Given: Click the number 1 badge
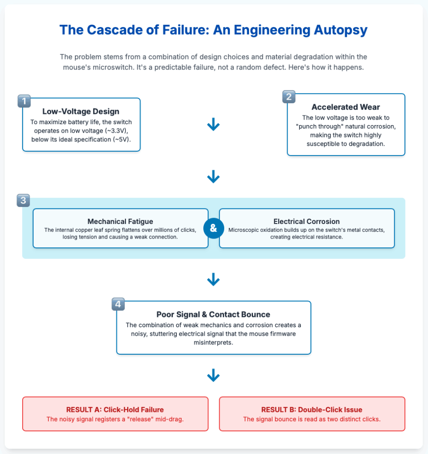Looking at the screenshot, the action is [x=24, y=101].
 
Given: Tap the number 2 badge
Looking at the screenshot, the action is [x=289, y=97].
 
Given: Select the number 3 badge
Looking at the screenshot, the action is [x=23, y=200].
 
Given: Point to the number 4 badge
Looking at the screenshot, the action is [x=118, y=304].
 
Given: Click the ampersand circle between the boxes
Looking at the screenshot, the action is [x=214, y=228].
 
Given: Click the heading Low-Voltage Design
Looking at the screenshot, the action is [x=81, y=111].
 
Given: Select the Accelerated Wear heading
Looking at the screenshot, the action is [x=346, y=107].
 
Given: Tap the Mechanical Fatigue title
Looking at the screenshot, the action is [x=121, y=222].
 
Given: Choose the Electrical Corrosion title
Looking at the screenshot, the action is [x=307, y=222].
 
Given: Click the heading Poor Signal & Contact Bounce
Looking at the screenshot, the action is [x=213, y=314].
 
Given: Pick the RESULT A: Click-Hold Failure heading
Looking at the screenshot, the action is [x=115, y=410].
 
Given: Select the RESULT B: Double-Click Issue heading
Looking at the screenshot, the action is [x=311, y=410].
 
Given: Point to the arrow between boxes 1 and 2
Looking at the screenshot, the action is [x=213, y=124].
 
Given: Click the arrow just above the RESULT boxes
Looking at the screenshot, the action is [x=213, y=375].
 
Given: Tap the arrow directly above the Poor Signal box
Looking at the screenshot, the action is [x=213, y=279].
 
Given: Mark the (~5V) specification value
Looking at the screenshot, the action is [x=121, y=140].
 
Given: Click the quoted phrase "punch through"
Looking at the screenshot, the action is [x=318, y=126].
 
